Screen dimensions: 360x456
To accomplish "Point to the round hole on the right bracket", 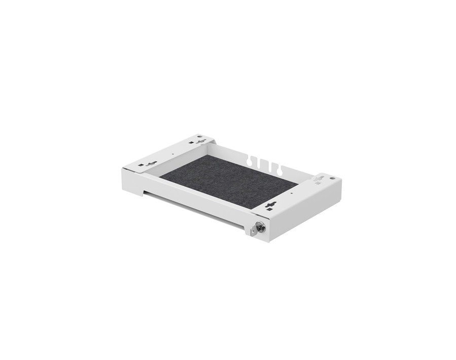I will (x=332, y=178).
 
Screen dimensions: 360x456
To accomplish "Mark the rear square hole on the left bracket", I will (x=192, y=143).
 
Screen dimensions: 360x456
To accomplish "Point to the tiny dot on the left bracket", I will (x=173, y=154).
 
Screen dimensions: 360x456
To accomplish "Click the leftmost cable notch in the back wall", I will (x=250, y=161).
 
